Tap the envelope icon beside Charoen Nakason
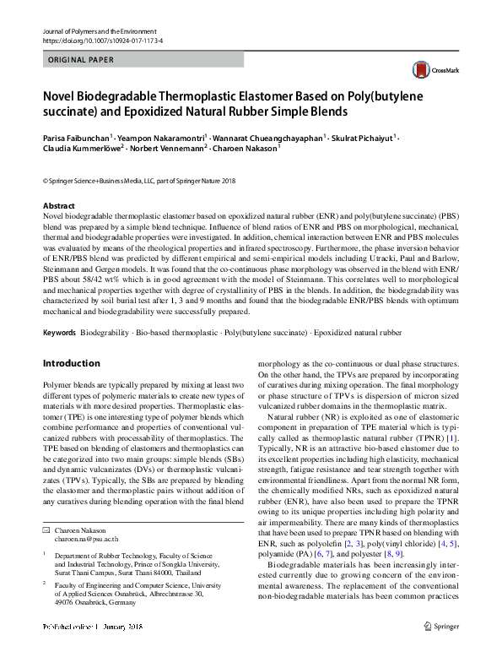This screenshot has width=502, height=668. click(x=46, y=529)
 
